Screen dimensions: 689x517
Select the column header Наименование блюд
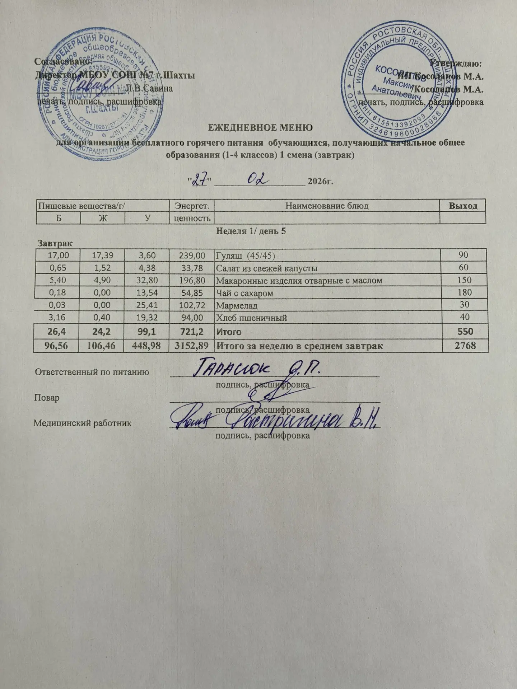coord(327,206)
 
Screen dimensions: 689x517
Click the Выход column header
coord(463,206)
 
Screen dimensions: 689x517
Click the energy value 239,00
coord(192,256)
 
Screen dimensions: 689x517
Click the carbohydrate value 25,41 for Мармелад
coord(147,305)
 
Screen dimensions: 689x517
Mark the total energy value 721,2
coord(192,331)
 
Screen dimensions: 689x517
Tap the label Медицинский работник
coord(83,423)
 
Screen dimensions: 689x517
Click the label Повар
coord(47,398)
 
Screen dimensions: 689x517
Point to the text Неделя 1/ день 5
coord(251,231)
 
